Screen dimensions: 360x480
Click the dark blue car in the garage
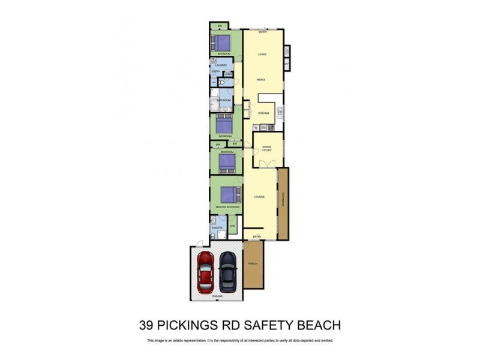click(228, 270)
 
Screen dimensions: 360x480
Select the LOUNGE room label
click(260, 196)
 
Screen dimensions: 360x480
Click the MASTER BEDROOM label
click(227, 206)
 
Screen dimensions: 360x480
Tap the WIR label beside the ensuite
click(232, 226)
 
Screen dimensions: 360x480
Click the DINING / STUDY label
click(267, 149)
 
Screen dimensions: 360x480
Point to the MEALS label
click(261, 79)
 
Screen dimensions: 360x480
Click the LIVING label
click(262, 55)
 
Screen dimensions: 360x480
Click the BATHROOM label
click(224, 100)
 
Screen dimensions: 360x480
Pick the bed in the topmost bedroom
click(221, 43)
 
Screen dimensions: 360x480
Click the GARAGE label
click(217, 296)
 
